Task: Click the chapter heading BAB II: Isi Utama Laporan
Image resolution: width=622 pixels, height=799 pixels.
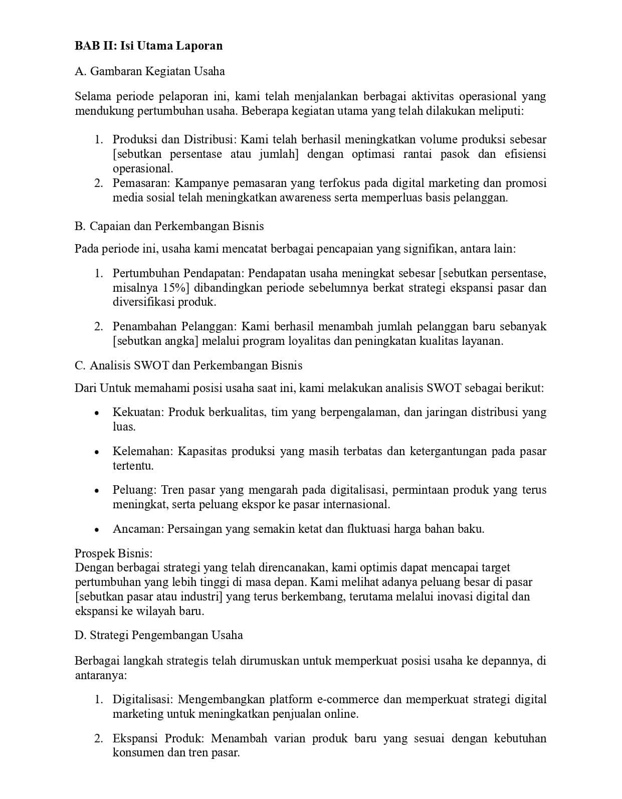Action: coord(148,46)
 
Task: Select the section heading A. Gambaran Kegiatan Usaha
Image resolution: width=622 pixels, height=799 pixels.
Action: coord(149,71)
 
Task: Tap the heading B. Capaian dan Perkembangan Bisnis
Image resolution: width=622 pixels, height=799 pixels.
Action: coord(169,226)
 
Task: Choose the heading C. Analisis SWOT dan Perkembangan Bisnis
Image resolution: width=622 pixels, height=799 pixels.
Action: coord(188,365)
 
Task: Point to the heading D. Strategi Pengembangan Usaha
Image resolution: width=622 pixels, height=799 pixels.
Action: coord(158,635)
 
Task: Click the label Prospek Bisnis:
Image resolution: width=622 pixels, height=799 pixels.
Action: coord(113,553)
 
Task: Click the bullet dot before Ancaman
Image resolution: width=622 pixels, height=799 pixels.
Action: coord(97,530)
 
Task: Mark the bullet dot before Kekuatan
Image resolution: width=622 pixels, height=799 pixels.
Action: coord(97,413)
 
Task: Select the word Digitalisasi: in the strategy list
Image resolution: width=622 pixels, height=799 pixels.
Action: coord(143,699)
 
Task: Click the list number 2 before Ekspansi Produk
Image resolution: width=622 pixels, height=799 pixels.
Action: coord(99,738)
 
